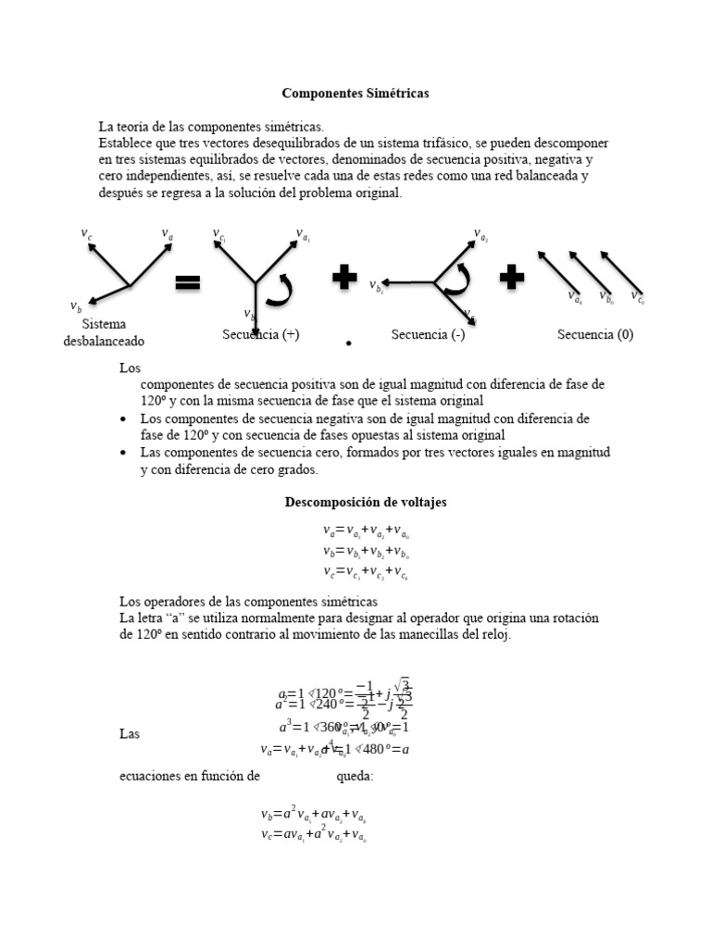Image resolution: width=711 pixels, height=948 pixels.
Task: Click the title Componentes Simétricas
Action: [x=355, y=94]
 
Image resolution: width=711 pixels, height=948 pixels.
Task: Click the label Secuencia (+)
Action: [x=260, y=334]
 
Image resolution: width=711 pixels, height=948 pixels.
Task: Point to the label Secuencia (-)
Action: [x=428, y=334]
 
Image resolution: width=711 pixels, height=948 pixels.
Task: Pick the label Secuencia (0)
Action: [x=595, y=334]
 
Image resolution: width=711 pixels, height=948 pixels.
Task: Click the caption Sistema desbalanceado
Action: [x=104, y=332]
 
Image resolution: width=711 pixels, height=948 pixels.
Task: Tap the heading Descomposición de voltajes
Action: [x=365, y=502]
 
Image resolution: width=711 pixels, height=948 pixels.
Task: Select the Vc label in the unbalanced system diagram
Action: [x=87, y=235]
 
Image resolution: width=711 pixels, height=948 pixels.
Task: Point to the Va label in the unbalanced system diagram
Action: [x=168, y=235]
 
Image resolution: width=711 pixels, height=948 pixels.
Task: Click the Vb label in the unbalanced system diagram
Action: [x=75, y=306]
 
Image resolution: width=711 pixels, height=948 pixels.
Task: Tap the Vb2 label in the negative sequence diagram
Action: [x=376, y=286]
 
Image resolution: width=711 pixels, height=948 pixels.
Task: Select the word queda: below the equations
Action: [x=355, y=776]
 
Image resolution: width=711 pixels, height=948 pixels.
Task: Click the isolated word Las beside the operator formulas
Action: [x=130, y=733]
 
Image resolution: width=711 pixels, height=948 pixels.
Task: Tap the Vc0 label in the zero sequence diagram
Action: [x=638, y=297]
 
